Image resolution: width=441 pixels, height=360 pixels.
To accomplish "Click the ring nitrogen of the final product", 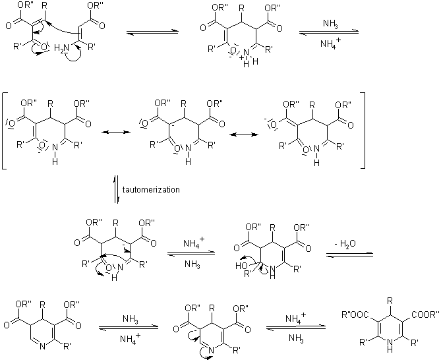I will tap(386, 342).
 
